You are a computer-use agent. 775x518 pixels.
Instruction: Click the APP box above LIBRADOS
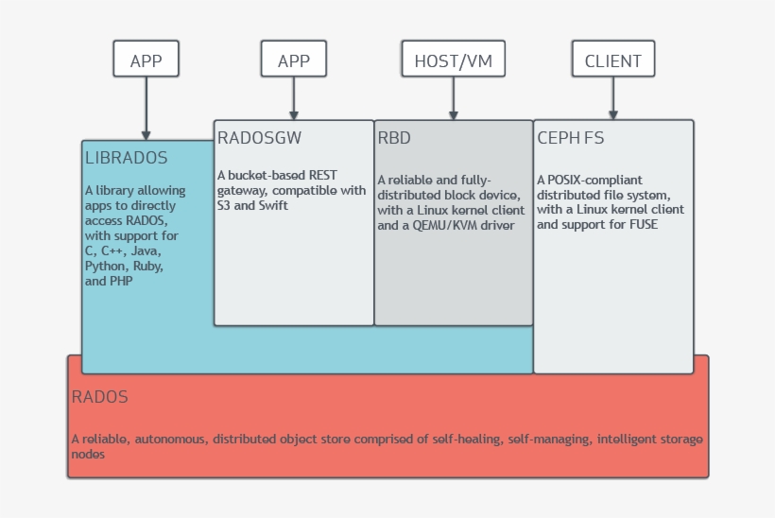146,60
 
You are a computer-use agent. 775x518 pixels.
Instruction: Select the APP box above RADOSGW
294,60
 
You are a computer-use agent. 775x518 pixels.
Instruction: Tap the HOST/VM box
453,60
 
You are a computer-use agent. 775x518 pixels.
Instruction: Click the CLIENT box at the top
612,60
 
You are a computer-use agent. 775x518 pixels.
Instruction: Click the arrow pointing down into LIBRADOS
146,109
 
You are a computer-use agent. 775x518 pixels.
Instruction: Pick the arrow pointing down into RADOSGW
294,99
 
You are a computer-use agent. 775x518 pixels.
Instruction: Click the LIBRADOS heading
126,158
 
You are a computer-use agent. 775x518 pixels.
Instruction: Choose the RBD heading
394,138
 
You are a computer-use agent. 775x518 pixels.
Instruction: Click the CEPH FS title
570,138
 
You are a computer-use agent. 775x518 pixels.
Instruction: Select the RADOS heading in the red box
99,397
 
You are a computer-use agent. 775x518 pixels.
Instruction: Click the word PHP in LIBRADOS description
120,281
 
